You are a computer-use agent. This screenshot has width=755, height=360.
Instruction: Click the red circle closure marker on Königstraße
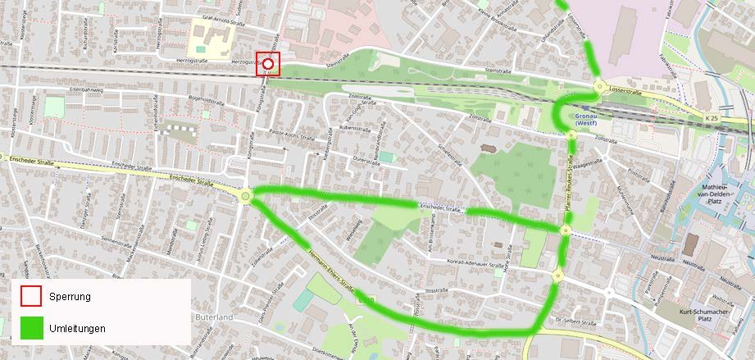coord(268,63)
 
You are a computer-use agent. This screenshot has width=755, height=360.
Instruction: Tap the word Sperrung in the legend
coord(70,296)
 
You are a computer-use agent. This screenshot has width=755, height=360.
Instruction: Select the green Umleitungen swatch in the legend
coord(31,328)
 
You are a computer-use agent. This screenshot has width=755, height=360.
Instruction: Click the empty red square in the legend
coord(31,296)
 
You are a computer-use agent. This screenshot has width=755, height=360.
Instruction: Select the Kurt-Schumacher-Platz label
coord(707,317)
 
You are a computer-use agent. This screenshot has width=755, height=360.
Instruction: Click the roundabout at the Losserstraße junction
coord(599,88)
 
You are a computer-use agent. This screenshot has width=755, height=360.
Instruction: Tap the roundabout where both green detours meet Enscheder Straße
coord(246,196)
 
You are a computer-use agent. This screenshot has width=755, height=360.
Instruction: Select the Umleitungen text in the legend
coord(77,328)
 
